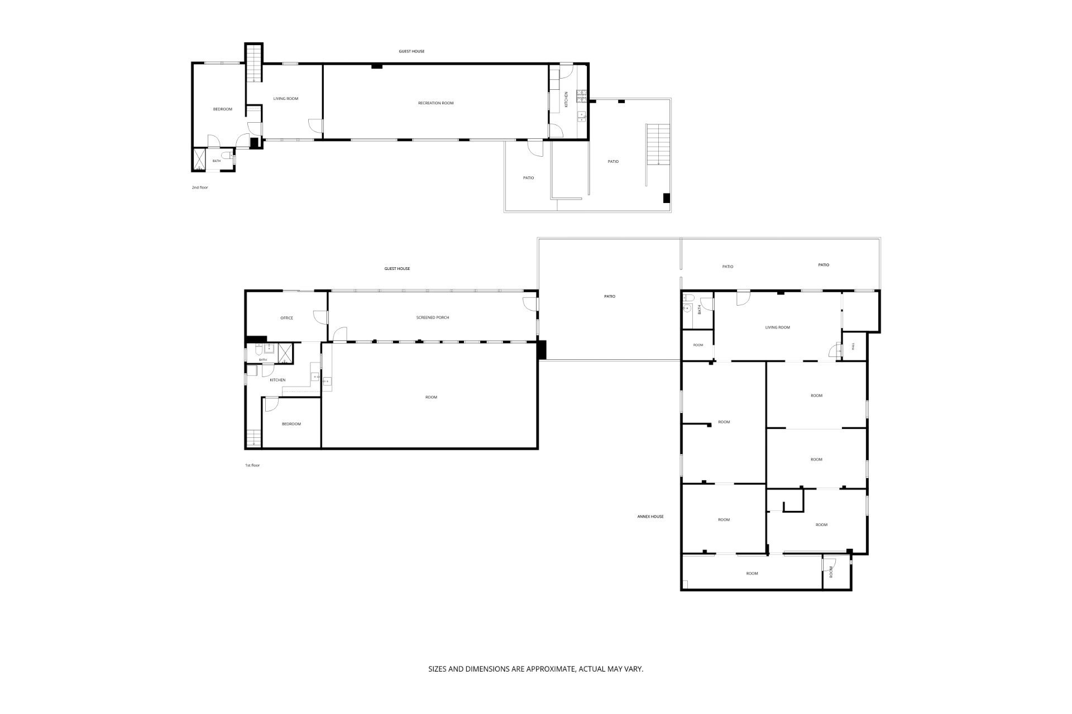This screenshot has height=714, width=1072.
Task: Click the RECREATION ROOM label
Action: coord(435,103)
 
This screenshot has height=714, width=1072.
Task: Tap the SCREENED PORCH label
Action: coord(433,318)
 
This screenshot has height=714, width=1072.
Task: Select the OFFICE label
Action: coord(286,318)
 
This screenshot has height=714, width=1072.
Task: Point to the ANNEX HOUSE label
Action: coord(650,517)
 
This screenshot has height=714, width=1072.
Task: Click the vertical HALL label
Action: coord(853,346)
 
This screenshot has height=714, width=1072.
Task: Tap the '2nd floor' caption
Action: coord(200,187)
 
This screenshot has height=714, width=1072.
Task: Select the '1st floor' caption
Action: coord(252,465)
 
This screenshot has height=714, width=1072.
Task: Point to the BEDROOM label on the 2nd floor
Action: coord(223,109)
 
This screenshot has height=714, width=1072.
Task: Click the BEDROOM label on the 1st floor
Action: coord(291,424)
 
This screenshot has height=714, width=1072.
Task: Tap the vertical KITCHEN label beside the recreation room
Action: coord(566,99)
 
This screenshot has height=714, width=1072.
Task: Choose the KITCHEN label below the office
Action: coord(277,380)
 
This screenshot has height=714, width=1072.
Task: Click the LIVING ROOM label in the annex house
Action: coord(778,327)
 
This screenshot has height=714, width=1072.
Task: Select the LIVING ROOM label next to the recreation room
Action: coord(286,99)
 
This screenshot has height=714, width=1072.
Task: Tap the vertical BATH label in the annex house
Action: coord(700,310)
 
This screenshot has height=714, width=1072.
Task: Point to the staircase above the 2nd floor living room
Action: coord(254,62)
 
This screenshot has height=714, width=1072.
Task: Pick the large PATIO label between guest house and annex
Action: coord(610,296)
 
